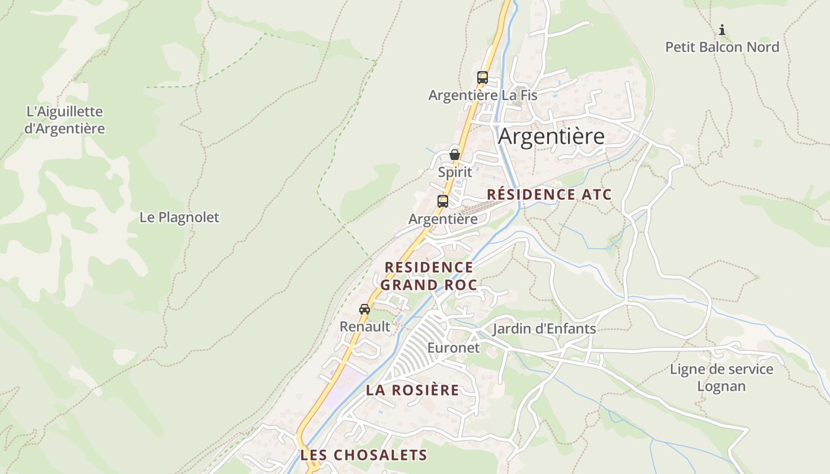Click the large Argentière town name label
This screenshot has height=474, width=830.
pyautogui.click(x=551, y=136)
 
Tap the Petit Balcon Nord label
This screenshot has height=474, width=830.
pyautogui.click(x=722, y=47)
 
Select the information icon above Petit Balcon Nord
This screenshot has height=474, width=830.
pyautogui.click(x=722, y=30)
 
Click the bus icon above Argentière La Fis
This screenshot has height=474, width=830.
pyautogui.click(x=483, y=77)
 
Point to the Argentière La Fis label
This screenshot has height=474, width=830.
pyautogui.click(x=483, y=95)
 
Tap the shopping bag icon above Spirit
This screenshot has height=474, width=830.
pyautogui.click(x=455, y=155)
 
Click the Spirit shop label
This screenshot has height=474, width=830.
pyautogui.click(x=455, y=172)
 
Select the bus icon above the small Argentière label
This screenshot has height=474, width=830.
pyautogui.click(x=443, y=201)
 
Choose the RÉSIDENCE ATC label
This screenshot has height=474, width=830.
pyautogui.click(x=549, y=194)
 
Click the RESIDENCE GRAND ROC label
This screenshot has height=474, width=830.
pyautogui.click(x=429, y=276)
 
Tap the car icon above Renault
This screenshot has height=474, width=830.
pyautogui.click(x=365, y=309)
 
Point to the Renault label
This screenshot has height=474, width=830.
pyautogui.click(x=365, y=326)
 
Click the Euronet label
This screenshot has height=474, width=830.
pyautogui.click(x=454, y=348)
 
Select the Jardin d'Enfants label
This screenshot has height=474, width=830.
pyautogui.click(x=544, y=329)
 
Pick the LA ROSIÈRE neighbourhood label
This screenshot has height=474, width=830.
pyautogui.click(x=413, y=390)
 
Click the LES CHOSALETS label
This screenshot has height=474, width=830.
pyautogui.click(x=363, y=455)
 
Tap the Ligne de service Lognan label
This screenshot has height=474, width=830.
pyautogui.click(x=722, y=377)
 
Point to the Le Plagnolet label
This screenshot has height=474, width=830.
pyautogui.click(x=179, y=217)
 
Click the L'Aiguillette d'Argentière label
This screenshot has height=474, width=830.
pyautogui.click(x=65, y=120)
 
